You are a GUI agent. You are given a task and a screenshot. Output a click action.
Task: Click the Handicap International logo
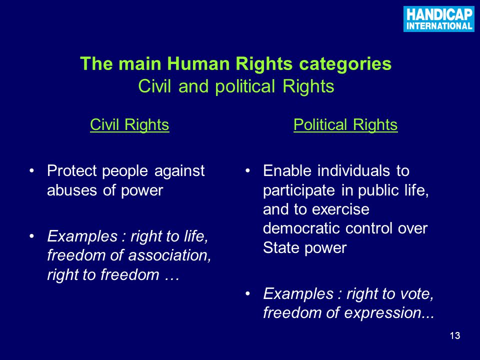click(438, 18)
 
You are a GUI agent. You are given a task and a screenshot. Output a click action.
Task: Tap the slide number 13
click(455, 336)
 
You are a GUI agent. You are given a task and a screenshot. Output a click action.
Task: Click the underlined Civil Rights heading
click(129, 125)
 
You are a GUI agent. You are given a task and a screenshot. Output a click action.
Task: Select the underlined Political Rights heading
click(345, 125)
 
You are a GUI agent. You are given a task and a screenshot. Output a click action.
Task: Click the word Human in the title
click(199, 63)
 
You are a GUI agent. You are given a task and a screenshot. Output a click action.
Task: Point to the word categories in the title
click(345, 64)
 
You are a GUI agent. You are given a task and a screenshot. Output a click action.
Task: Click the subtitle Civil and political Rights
click(236, 86)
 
